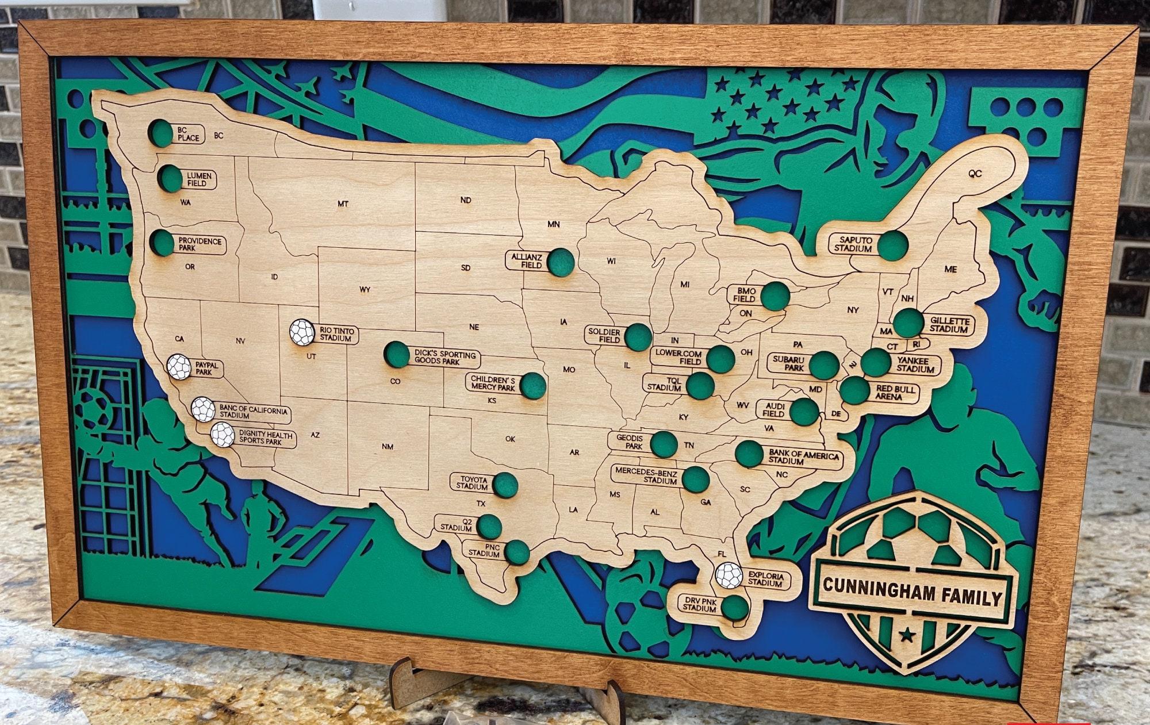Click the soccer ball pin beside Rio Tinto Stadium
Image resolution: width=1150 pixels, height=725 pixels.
tap(302, 332)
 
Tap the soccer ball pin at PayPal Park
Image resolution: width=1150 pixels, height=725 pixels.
tap(179, 366)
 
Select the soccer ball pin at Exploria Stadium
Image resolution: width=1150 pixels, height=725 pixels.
tap(729, 576)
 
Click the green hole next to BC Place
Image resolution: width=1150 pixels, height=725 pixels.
tap(162, 133)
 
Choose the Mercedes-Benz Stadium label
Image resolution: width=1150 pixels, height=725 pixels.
tap(646, 475)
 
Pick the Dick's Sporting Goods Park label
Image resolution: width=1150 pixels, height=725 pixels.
tap(444, 358)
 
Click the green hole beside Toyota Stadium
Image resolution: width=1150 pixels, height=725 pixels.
tap(505, 485)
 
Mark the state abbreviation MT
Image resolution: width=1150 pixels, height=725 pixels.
tap(343, 204)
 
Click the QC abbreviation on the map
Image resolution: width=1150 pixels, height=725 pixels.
tap(975, 173)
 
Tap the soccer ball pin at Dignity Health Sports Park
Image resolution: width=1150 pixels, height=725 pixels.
tap(223, 435)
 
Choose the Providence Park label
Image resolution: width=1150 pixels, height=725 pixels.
tap(200, 244)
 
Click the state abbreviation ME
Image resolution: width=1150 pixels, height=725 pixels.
tap(950, 269)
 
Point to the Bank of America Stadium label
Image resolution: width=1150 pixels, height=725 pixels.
tap(803, 457)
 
